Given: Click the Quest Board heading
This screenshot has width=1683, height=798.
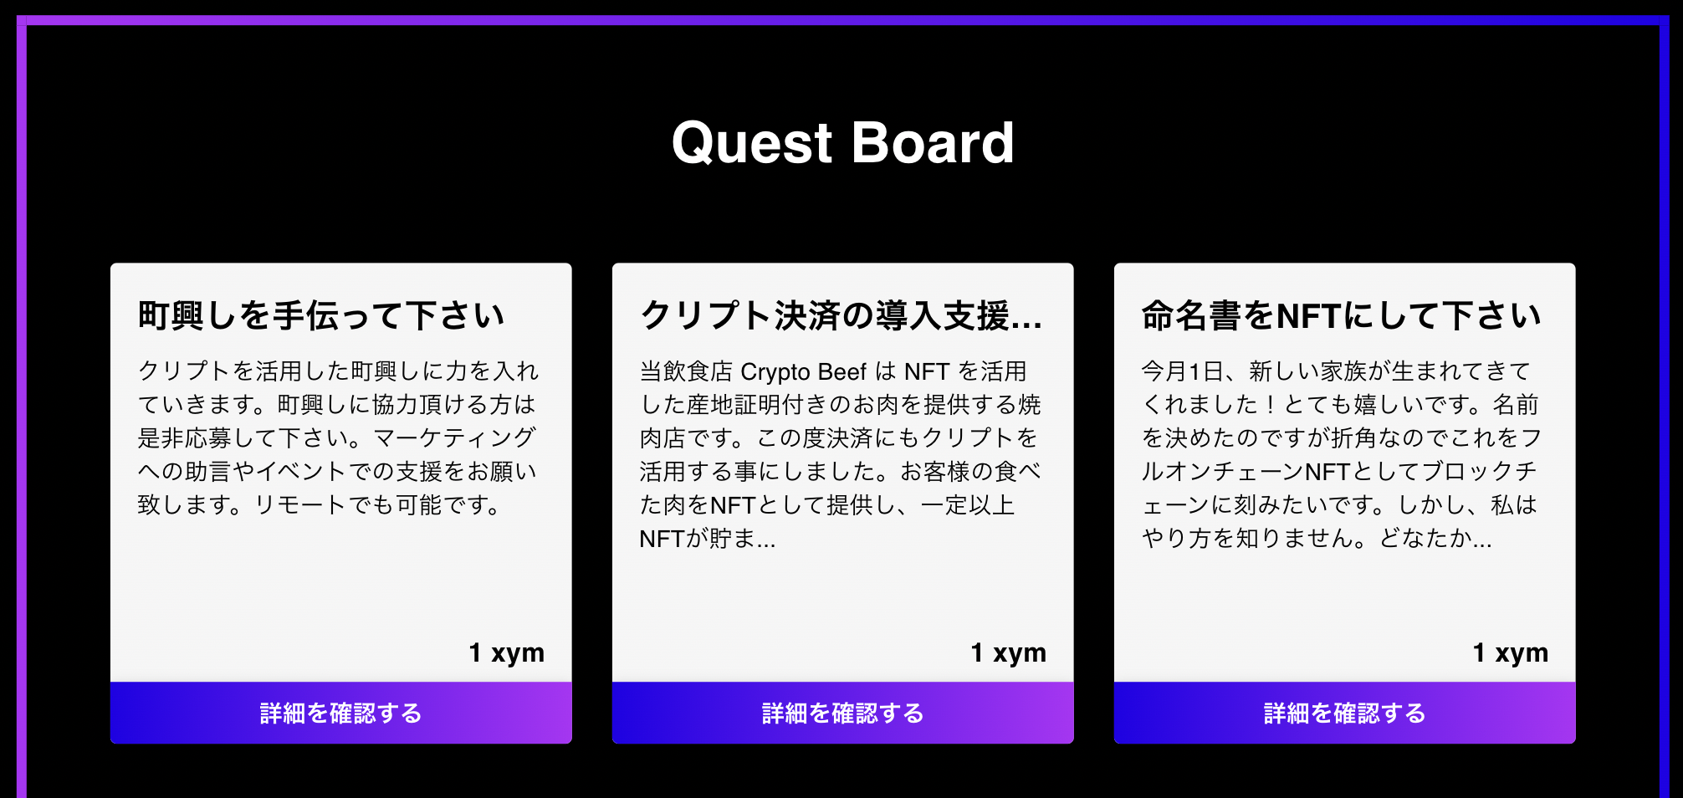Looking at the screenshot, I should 842,142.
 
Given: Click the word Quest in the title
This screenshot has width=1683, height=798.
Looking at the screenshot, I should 752,142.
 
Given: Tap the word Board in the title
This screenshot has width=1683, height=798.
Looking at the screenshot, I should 933,142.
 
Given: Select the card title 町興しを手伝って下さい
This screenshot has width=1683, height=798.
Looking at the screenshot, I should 321,316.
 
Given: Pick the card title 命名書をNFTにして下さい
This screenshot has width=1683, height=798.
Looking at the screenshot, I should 1341,316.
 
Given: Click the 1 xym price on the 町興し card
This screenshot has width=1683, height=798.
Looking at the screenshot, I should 506,652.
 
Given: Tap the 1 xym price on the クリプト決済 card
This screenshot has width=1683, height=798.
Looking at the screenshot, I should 1008,652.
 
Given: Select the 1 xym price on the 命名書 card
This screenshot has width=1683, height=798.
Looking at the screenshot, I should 1510,652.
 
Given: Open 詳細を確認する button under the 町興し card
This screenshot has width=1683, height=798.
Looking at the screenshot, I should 340,713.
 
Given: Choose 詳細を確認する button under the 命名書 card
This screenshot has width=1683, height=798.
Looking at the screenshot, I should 1344,713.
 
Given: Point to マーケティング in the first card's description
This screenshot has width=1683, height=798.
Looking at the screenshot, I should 454,438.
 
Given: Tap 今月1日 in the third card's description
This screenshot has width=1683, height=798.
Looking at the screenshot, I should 1181,371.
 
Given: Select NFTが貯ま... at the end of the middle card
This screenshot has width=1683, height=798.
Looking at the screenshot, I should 708,539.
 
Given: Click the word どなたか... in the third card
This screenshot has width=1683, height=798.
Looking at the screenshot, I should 1435,539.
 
